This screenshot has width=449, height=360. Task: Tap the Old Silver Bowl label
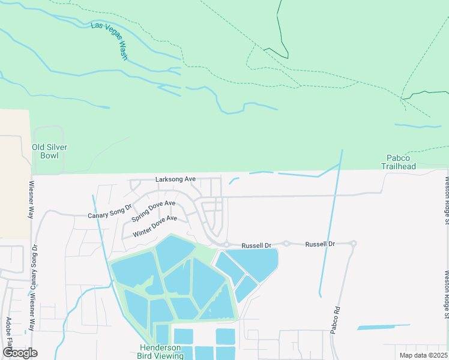(49, 151)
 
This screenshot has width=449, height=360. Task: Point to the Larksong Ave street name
(176, 179)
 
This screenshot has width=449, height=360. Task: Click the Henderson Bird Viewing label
(162, 352)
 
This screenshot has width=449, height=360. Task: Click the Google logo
(20, 353)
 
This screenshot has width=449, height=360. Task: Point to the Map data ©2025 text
(423, 355)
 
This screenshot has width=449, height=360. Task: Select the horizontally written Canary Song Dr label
(109, 212)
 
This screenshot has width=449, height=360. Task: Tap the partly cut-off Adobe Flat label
(8, 336)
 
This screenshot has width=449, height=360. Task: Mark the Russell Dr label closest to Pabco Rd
(319, 244)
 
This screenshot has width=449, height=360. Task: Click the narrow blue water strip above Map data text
(384, 327)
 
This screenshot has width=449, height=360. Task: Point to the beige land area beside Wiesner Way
(14, 174)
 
